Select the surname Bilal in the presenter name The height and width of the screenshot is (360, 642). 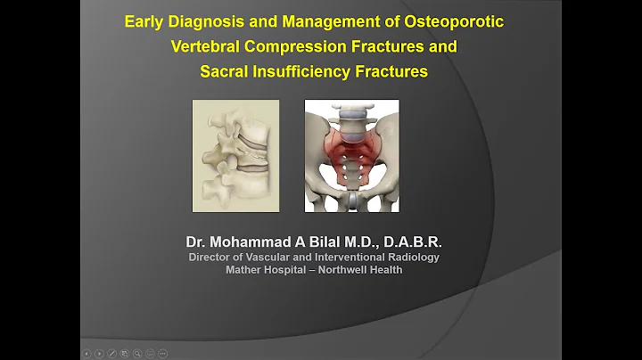point(350,242)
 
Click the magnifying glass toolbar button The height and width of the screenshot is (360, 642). point(137,354)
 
